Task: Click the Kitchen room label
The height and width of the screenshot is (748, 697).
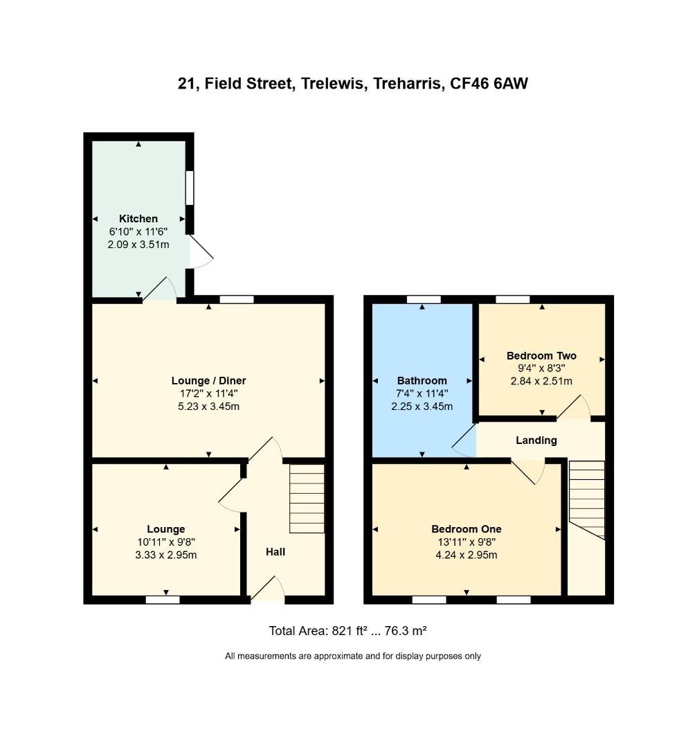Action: tap(138, 219)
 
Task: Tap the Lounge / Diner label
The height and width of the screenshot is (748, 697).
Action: tap(208, 381)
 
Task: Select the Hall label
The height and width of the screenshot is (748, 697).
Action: tap(275, 552)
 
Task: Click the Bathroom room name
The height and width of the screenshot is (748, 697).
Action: tap(422, 381)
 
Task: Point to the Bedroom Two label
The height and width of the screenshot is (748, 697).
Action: tap(541, 356)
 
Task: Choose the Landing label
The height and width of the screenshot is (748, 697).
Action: tap(536, 440)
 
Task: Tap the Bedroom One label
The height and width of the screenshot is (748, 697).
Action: tap(467, 530)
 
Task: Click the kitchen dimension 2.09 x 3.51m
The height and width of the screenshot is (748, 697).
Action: tap(138, 244)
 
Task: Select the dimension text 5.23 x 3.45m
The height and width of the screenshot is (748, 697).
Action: tap(208, 407)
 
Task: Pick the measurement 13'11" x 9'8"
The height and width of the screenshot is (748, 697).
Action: tap(467, 542)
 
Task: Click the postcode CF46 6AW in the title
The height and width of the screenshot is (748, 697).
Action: tap(489, 84)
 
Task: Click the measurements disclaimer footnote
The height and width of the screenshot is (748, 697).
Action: tap(353, 656)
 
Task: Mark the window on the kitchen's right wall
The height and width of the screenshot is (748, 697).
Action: tap(190, 188)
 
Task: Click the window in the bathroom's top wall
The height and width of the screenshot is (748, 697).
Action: tap(424, 299)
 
